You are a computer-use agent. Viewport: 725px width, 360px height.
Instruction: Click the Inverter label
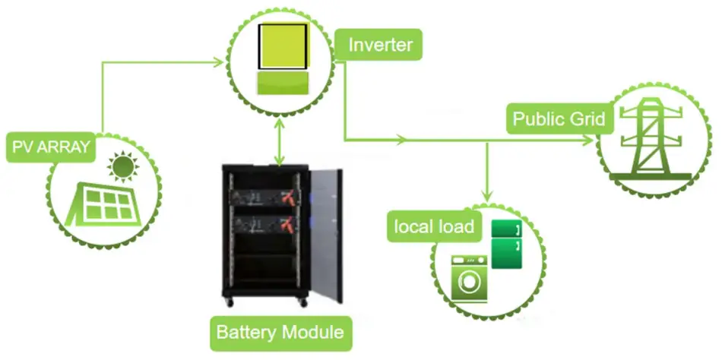click(x=380, y=44)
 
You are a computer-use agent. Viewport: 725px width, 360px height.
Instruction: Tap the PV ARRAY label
click(x=51, y=147)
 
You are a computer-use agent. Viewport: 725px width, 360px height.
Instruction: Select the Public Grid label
click(x=558, y=119)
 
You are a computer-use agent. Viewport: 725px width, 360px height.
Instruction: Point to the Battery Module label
click(x=280, y=333)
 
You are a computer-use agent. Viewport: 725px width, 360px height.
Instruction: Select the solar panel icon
click(x=105, y=204)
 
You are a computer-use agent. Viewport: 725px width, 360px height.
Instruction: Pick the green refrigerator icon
click(x=507, y=243)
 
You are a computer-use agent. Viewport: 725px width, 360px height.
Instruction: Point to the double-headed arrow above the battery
click(x=280, y=145)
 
